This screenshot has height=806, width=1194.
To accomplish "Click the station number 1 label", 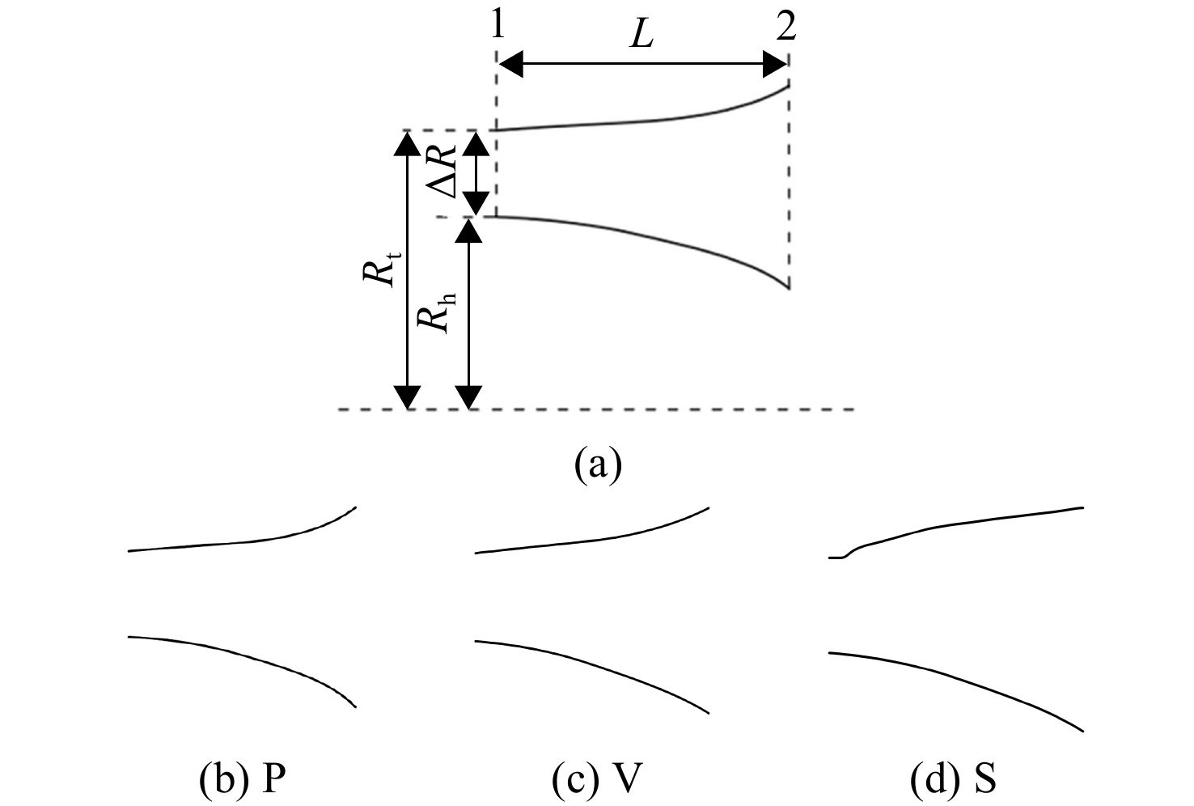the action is pos(497,26).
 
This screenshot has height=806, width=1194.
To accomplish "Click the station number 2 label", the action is pos(786,26).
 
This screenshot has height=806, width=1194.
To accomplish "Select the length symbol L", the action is pos(641,36).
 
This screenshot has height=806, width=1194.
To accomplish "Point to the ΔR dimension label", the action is pos(443,171).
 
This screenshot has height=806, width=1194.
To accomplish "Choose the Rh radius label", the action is pos(436,313).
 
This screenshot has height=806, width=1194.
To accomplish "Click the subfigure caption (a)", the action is pos(598,465).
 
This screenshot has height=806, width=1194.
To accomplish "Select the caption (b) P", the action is pos(243,779).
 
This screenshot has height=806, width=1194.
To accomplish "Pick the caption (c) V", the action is pos(597,779).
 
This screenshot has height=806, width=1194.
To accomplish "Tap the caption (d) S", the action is pos(953,779).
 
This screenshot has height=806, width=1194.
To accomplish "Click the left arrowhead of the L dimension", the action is pos(510,64).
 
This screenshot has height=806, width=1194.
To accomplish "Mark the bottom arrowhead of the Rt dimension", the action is pos(407,397).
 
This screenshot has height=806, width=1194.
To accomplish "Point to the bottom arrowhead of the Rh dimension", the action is pos(469,397).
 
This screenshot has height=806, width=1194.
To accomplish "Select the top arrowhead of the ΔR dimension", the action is pos(476,143).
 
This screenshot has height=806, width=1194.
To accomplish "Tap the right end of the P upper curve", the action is pos(356,507).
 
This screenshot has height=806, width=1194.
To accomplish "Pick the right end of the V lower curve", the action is pos(709,713).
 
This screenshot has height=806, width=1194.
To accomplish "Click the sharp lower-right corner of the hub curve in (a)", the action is pos(789,289).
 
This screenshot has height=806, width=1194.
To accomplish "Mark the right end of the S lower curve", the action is pos(1082,731).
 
